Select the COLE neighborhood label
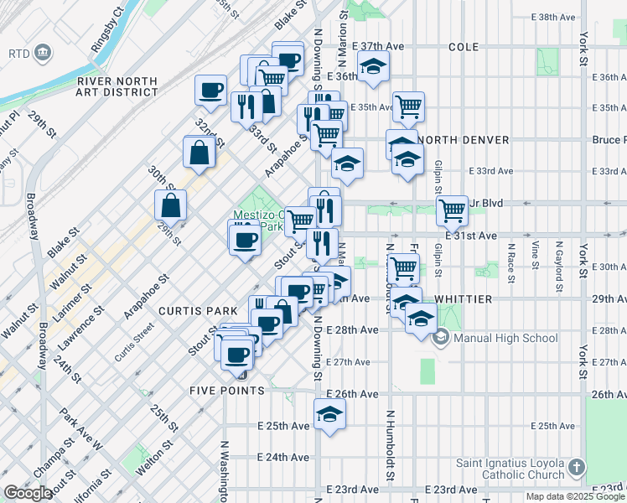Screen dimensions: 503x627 click(x=464, y=47)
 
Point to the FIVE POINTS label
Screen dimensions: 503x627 click(x=227, y=391)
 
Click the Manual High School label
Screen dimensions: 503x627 click(x=505, y=339)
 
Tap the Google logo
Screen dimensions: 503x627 click(x=28, y=493)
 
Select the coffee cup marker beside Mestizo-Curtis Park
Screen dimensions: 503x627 click(x=245, y=240)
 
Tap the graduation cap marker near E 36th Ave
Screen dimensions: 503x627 click(x=374, y=66)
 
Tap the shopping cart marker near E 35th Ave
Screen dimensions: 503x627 click(x=408, y=106)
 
